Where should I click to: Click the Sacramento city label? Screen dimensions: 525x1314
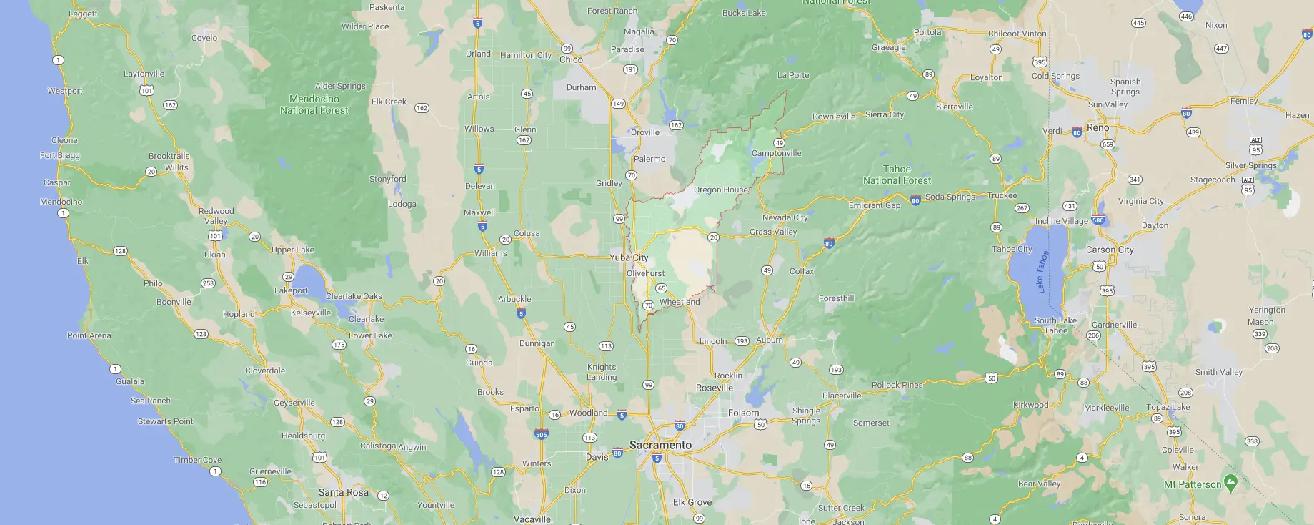coord(660,445)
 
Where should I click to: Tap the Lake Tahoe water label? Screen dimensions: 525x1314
coord(1042,271)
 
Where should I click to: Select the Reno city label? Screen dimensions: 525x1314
coord(1098,128)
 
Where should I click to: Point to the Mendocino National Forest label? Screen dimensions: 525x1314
coord(314,104)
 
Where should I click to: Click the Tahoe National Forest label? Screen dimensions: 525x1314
coord(897,175)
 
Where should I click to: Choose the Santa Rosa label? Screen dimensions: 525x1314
coord(343,492)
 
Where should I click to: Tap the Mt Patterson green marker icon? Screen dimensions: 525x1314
coord(1230,482)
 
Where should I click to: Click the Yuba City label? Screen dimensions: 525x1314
coord(629,257)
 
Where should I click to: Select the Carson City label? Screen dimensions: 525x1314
coord(1110,250)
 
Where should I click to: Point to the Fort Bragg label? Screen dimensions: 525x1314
coord(60,155)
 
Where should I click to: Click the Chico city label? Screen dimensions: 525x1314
coord(571,59)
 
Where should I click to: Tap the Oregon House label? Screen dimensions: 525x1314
coord(721,190)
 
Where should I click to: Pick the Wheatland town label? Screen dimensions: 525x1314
coord(680,302)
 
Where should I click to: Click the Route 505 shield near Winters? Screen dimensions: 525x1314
coord(542,434)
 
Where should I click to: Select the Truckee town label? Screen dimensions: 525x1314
coord(1002,195)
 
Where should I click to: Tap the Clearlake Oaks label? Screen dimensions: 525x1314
coord(354,296)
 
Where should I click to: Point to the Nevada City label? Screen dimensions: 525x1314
coord(785,217)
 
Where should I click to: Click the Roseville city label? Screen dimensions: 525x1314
coord(715,388)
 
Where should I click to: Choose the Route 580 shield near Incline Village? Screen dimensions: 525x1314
coord(1098,220)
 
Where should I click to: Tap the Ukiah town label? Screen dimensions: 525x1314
coord(214,255)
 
